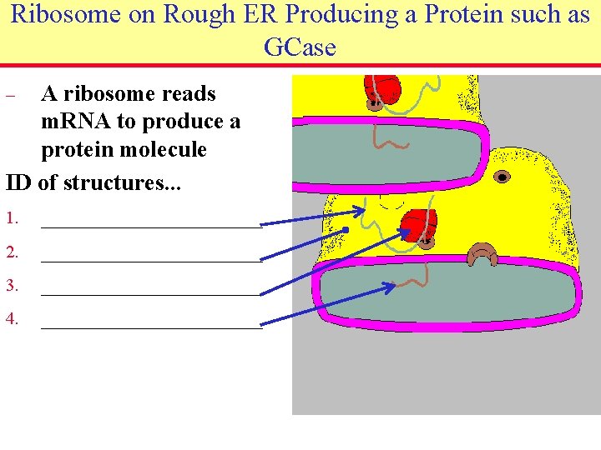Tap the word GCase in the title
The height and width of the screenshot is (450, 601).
[300, 47]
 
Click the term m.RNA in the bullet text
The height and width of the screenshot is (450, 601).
[76, 122]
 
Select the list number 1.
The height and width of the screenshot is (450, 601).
[12, 218]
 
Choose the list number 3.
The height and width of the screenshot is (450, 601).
[12, 286]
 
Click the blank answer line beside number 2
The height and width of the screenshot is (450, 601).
[151, 260]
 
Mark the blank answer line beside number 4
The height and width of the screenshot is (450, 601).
[151, 327]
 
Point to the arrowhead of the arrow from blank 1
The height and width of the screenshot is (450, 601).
[360, 211]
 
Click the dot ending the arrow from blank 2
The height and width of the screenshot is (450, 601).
[345, 229]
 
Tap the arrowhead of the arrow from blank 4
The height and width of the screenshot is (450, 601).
[391, 287]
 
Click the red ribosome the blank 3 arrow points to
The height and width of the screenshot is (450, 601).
[420, 225]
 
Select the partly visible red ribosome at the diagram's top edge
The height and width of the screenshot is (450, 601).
[381, 87]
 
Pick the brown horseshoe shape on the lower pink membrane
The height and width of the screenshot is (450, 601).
[482, 254]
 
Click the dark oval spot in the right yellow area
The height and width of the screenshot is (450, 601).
[502, 177]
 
